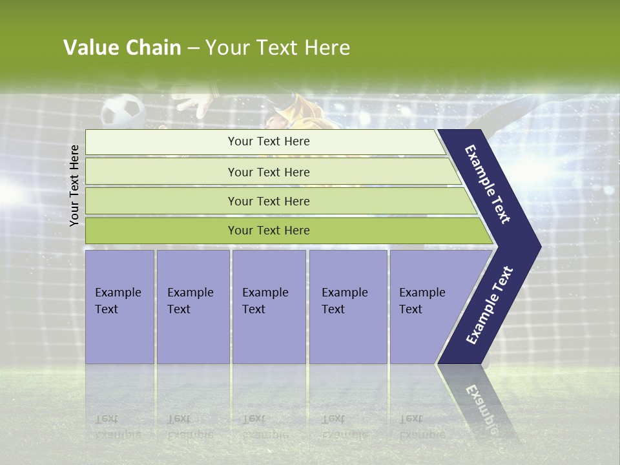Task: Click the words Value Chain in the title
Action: pos(122,48)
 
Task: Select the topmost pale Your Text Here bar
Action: pos(268,141)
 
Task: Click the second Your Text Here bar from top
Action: pos(268,172)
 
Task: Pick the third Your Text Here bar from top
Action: pos(268,201)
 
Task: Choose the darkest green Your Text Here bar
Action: pos(268,231)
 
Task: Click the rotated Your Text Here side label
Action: pos(75,185)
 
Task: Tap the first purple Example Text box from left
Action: pos(119,307)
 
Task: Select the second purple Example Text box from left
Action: pos(192,307)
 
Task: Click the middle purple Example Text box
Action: pos(269,307)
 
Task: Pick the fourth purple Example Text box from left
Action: pos(348,307)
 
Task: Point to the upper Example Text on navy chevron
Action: pos(488,184)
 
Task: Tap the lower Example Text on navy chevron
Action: pos(489,305)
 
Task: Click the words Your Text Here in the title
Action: pos(278,48)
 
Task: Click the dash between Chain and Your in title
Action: pos(193,48)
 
